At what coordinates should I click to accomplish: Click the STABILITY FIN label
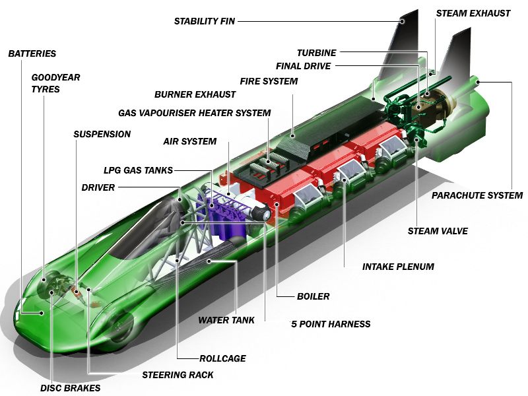click(205, 21)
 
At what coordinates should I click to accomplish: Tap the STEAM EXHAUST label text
click(473, 13)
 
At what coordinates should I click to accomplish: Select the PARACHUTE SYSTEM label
click(477, 195)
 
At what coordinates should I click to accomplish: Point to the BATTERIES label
click(32, 53)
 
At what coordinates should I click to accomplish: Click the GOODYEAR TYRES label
click(55, 83)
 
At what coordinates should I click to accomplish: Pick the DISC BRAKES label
click(71, 388)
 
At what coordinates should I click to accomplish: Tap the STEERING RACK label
click(178, 375)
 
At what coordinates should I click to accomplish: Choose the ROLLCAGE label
click(222, 358)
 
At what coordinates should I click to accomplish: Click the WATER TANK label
click(226, 320)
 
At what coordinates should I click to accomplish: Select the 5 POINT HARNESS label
click(331, 324)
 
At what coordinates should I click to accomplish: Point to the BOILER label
click(313, 296)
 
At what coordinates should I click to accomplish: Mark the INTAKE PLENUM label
click(398, 267)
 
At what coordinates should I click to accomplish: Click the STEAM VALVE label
click(438, 231)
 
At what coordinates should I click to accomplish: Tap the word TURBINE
click(317, 53)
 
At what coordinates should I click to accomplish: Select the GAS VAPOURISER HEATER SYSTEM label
click(194, 113)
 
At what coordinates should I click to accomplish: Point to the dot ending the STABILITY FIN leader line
click(402, 21)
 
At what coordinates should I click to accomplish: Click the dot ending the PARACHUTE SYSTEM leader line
click(478, 82)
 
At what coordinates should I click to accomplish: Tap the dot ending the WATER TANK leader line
click(209, 261)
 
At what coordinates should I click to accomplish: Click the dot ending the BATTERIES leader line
click(42, 313)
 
